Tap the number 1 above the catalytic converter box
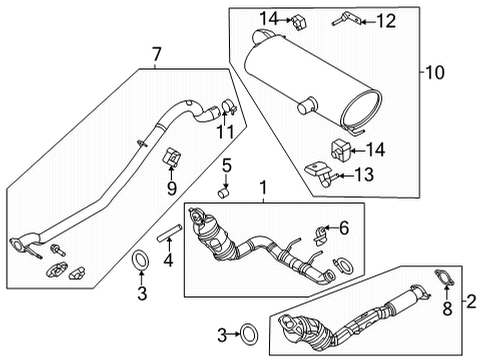tap(263, 187)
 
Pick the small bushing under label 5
tap(225, 193)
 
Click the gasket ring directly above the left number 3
tap(141, 262)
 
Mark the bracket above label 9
tap(171, 156)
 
